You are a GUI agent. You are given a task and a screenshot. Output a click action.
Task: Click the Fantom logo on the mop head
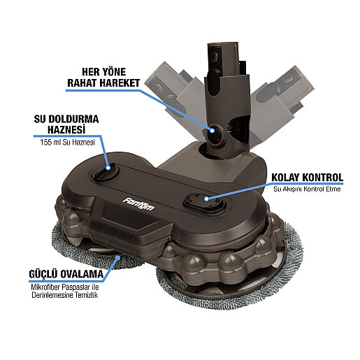tap(138, 203)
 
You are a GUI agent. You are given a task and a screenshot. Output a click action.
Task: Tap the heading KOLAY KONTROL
tap(308, 178)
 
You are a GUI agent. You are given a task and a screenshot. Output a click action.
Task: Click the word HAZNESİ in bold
tap(66, 130)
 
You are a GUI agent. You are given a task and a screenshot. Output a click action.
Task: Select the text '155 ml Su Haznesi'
tap(67, 143)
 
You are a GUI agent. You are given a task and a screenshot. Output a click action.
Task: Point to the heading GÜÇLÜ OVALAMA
tap(66, 274)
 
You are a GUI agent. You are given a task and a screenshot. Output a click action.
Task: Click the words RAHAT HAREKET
tap(103, 83)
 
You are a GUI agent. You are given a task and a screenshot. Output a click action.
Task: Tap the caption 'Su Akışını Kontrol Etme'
tap(307, 189)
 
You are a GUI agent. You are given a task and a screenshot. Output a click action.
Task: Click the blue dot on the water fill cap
tap(108, 168)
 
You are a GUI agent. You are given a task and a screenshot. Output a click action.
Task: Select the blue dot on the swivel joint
tap(212, 131)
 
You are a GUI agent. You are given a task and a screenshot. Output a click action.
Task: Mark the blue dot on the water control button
tap(206, 199)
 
